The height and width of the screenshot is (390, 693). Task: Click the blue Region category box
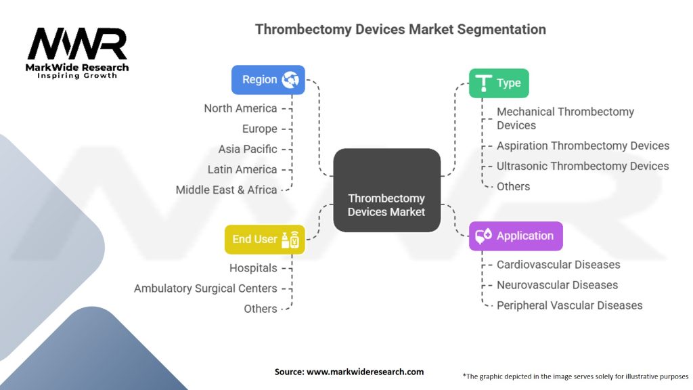(x=268, y=80)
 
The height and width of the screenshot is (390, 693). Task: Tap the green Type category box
(x=499, y=83)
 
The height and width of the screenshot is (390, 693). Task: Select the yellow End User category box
(x=265, y=239)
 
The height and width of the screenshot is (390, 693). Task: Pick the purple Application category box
(x=515, y=236)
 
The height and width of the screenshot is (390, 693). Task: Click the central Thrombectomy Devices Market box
(x=386, y=204)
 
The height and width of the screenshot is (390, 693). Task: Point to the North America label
(x=240, y=108)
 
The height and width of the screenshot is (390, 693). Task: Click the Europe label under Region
(x=259, y=129)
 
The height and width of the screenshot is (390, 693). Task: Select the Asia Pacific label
(x=247, y=149)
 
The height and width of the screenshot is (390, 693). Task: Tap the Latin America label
(x=242, y=169)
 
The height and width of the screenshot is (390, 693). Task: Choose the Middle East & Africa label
(x=226, y=190)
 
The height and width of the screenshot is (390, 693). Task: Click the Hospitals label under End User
(x=253, y=268)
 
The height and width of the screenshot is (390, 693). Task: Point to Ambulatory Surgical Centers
(x=205, y=288)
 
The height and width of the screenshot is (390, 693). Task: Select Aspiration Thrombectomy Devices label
(x=583, y=146)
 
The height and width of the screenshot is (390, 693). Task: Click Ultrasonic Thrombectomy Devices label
(x=583, y=166)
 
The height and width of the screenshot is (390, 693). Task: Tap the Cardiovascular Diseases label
(x=558, y=265)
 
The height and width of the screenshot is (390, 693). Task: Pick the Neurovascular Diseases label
(x=557, y=285)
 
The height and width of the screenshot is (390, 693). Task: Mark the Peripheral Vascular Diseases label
(x=569, y=305)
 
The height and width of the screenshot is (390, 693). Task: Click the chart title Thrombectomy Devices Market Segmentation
(x=400, y=30)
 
